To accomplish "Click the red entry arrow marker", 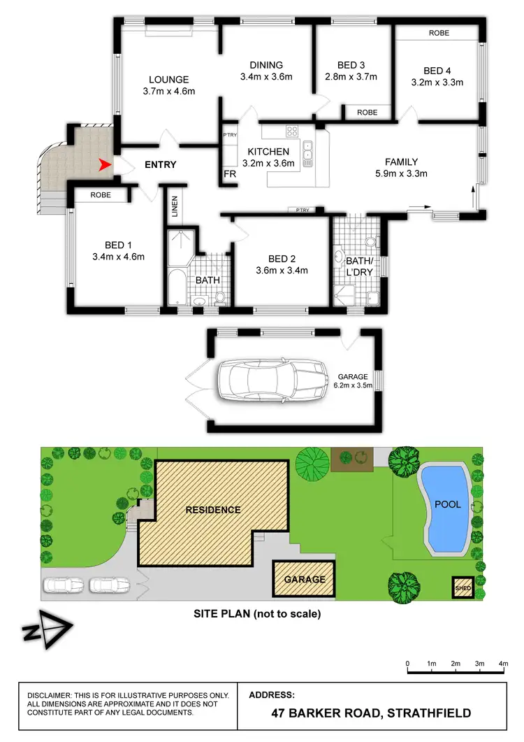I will pos(105,165).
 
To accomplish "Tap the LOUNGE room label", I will pos(168,80).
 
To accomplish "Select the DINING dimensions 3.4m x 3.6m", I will pos(265,77).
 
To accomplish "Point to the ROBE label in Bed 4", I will pos(439,33).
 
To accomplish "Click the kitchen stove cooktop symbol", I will pos(291,130).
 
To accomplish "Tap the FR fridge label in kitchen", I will pos(229,173).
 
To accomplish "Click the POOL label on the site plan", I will pos(447,504).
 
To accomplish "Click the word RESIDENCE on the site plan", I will pos(212,510).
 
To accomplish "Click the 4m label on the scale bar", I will pos(503,663).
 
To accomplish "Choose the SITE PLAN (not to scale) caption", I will pos(257,615).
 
